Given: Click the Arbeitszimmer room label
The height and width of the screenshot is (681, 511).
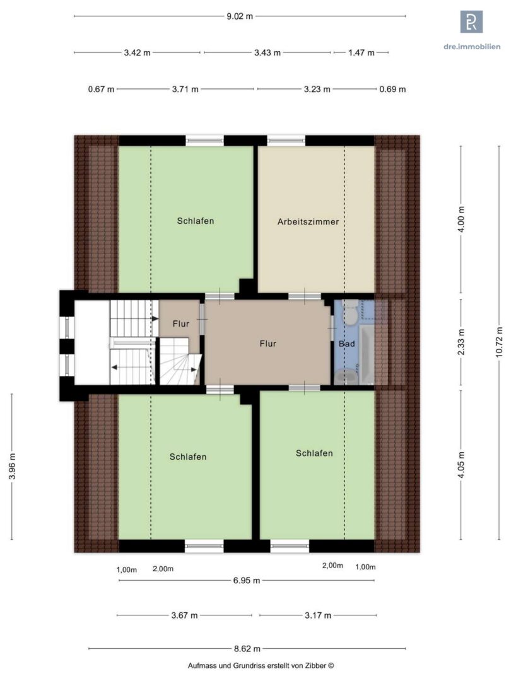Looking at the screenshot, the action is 308,221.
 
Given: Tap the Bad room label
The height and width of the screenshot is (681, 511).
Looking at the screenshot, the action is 347,344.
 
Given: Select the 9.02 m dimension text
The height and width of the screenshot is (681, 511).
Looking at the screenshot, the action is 240,16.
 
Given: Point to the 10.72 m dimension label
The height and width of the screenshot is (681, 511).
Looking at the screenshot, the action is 499,342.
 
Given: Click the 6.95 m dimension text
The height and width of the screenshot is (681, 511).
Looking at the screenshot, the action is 247,580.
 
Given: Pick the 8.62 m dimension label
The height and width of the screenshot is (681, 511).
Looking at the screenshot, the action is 247,649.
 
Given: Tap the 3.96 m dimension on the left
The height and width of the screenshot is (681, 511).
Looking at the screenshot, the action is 12,466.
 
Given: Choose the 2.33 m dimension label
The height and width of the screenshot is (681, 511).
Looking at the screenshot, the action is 461,342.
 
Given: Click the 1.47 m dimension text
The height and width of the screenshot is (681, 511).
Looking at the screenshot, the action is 361,52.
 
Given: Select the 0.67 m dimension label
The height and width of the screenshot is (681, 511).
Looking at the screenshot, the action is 101,89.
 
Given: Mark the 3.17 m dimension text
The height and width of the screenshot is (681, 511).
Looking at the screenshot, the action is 317,615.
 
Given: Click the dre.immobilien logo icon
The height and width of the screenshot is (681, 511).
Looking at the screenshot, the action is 471,21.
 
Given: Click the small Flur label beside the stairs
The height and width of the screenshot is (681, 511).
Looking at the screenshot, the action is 181,323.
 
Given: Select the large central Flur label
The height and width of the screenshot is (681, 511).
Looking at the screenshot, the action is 267,344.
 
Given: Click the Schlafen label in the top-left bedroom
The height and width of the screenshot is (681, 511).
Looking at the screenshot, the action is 196,221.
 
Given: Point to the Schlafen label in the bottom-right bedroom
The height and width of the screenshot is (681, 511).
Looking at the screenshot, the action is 314,453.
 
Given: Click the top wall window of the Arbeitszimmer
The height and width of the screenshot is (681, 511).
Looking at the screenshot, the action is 286,140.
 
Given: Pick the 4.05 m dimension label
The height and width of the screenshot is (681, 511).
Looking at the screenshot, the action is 461,465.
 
